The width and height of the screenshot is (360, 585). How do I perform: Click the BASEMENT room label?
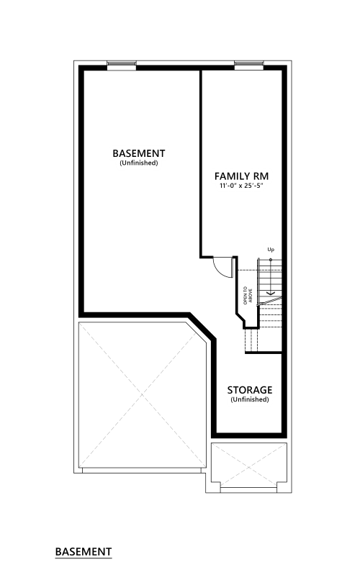pos(139,153)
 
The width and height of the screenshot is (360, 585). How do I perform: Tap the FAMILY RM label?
pos(241,176)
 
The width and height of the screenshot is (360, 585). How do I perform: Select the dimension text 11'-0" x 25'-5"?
pos(241,186)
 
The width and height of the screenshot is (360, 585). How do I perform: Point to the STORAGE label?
pos(249,390)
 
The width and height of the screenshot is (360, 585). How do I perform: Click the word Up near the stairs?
pos(271,250)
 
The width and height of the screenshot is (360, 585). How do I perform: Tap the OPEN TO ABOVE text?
pos(248,296)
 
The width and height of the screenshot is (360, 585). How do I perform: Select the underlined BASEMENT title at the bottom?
pos(84,552)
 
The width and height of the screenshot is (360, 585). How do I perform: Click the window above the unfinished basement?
pos(122,65)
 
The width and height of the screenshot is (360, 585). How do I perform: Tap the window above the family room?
pos(249,65)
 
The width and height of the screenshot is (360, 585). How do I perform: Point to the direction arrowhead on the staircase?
pos(271,292)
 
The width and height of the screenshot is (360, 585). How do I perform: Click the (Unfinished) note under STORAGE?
pos(249,399)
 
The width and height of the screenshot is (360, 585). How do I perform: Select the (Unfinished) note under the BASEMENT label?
pos(139,163)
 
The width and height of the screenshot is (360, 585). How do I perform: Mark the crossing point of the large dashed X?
pos(142,395)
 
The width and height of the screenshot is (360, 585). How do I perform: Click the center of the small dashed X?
pos(248,465)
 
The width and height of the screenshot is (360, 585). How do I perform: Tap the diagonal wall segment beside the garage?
pos(202,327)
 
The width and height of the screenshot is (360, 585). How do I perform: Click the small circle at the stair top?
pos(271,260)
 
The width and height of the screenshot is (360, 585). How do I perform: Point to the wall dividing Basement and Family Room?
pos(201,163)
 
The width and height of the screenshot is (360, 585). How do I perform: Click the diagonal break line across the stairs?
pos(269,301)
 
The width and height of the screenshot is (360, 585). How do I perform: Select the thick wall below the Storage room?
pos(249,435)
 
